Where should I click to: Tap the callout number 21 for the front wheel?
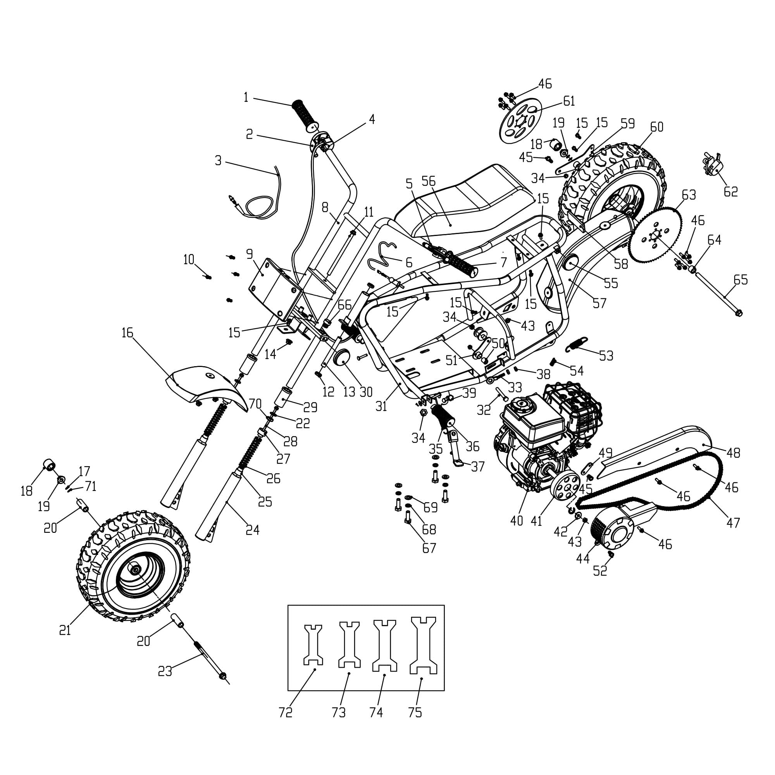(65, 630)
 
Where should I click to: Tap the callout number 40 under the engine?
(517, 521)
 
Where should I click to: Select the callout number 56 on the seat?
(429, 181)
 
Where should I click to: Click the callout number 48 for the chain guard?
(733, 453)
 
